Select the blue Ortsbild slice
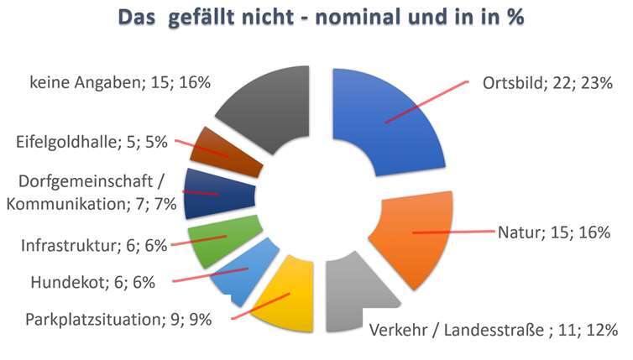[x=382, y=117]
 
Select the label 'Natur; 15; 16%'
[x=553, y=232]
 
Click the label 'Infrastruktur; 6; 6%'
[x=94, y=246]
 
